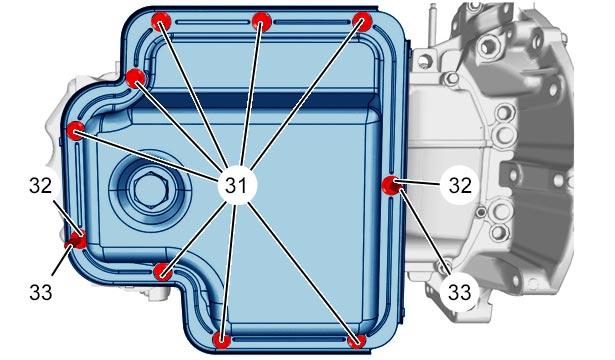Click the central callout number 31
(237, 185)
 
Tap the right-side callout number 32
(460, 185)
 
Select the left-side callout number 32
(40, 185)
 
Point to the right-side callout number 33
(459, 292)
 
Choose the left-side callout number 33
(40, 292)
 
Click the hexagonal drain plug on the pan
(151, 190)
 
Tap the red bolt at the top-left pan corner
(161, 21)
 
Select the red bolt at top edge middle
(262, 21)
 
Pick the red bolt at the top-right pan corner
(362, 21)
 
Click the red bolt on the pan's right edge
(392, 185)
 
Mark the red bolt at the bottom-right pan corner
(357, 340)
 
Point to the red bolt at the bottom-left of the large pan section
(222, 340)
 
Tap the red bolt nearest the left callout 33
(76, 240)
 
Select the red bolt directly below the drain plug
(162, 272)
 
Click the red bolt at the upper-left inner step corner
(136, 78)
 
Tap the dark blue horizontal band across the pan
(255, 101)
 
